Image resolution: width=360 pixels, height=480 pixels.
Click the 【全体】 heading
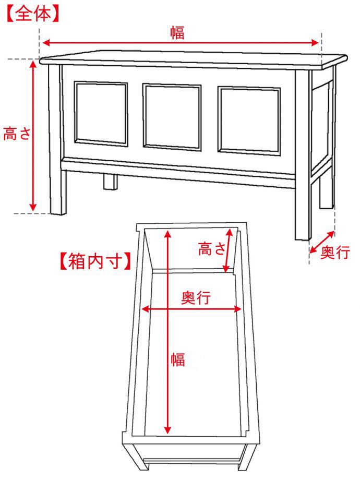coord(32,14)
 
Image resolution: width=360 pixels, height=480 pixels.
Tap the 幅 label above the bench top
coord(177,33)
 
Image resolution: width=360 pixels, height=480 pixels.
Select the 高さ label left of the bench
coord(17,134)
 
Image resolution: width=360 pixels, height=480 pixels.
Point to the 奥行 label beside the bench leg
coord(335,253)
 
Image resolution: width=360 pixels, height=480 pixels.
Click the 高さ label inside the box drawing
coord(212,248)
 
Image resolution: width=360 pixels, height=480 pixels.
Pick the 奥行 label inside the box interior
coord(196,297)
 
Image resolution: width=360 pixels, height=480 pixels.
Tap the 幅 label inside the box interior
coord(178,359)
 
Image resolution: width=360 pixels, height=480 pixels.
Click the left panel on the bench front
coord(101,114)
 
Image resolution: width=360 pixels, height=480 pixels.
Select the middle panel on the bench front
coord(172,117)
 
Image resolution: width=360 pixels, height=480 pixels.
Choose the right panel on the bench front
coord(249,121)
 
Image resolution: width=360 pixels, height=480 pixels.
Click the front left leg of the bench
coord(57,139)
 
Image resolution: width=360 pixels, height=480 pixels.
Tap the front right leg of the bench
coord(303,155)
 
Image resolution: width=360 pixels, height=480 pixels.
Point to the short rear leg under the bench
coord(110,182)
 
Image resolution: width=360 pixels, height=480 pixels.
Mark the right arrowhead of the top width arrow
coord(315,43)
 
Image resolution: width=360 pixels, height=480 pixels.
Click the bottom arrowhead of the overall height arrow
coord(33,207)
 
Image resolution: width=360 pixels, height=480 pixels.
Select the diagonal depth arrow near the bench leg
coord(322,243)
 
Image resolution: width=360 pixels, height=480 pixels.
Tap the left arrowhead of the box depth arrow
coord(145,309)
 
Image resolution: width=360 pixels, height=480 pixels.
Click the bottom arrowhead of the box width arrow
coord(167,430)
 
